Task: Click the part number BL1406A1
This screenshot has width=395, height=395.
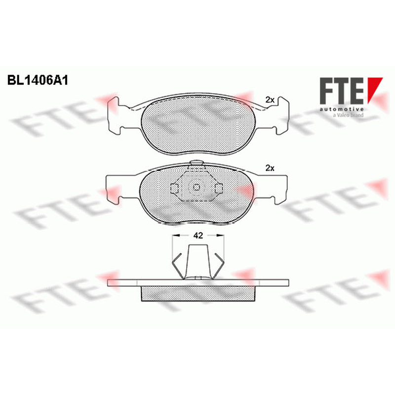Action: (38, 80)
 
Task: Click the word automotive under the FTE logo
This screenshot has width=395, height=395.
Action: (342, 109)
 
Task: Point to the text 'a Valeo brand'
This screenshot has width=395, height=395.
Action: (348, 115)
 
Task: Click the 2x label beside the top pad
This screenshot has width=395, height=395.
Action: (270, 100)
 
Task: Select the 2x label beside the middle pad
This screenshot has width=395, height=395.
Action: (270, 168)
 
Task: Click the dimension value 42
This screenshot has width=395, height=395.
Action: (198, 236)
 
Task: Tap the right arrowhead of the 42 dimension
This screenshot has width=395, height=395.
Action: (220, 236)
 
